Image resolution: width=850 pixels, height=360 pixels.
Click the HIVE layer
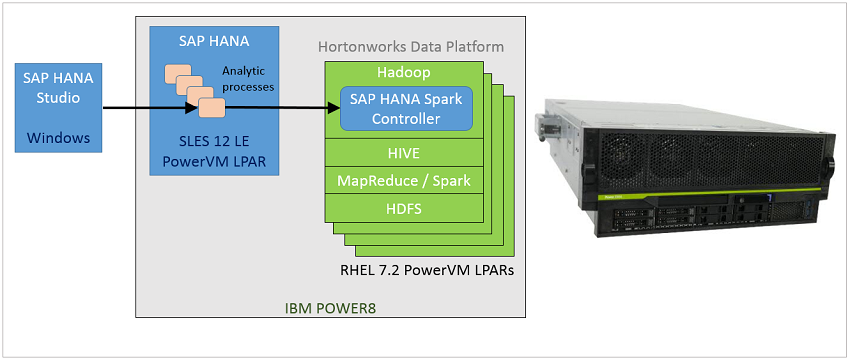coord(405,153)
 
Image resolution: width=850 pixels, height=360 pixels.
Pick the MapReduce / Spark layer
coord(405,181)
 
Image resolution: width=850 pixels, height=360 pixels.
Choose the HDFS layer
coord(405,208)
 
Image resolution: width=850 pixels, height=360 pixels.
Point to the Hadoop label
coord(405,72)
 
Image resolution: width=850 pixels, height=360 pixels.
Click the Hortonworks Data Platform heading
coord(410,47)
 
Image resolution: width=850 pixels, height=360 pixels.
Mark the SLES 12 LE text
coord(211,139)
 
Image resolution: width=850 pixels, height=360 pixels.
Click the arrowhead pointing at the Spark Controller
coord(332,105)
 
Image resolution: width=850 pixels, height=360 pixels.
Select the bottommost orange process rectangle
coord(211,107)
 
